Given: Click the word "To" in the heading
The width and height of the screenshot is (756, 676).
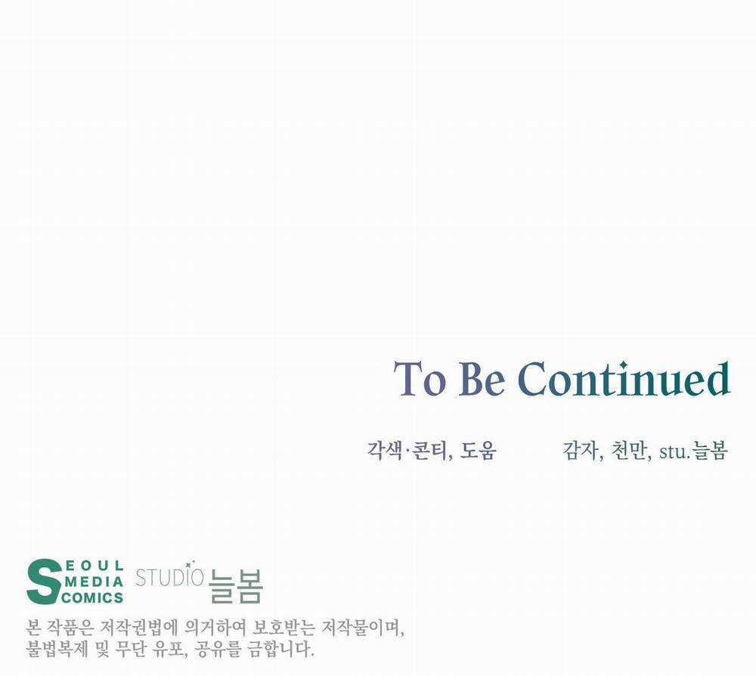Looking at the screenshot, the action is [x=420, y=379].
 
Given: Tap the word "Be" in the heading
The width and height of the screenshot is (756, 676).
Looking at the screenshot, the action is [x=481, y=379].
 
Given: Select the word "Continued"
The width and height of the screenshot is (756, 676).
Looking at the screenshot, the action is [x=624, y=379].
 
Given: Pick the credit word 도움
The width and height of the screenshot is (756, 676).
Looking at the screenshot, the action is [x=478, y=451].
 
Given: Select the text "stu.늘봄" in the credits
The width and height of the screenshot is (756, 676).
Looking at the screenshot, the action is [x=692, y=451].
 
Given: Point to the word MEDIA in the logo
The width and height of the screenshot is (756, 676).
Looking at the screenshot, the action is [x=94, y=582].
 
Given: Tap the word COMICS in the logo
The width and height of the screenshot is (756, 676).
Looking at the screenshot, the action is [x=92, y=598].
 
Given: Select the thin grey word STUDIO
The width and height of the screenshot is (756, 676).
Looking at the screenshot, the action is [x=169, y=577].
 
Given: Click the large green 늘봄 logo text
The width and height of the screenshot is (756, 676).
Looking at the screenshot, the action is [x=236, y=586].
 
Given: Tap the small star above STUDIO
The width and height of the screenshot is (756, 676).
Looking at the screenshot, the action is [x=188, y=563].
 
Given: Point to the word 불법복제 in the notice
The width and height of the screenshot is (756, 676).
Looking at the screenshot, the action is [x=57, y=649].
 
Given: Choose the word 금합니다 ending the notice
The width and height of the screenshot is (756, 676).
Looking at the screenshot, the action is [x=280, y=649].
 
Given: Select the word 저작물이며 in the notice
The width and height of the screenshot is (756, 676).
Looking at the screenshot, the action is [x=363, y=628].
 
